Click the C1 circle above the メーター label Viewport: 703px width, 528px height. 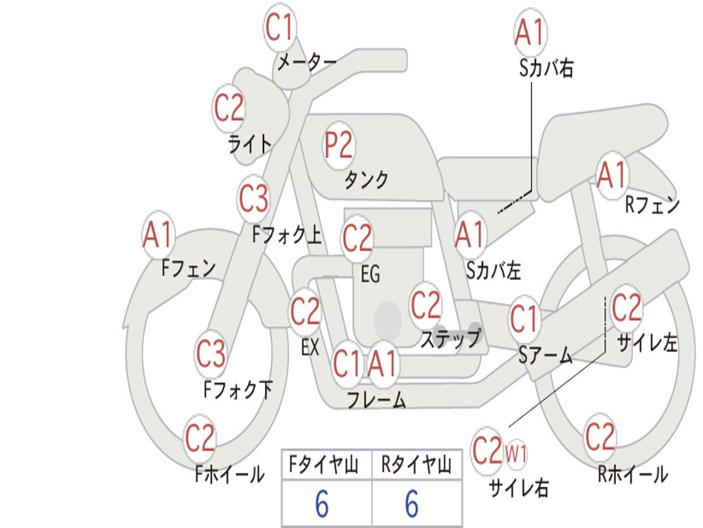[x=279, y=27]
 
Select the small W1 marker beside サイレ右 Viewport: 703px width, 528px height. [x=516, y=454]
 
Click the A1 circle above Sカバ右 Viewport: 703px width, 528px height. [x=531, y=32]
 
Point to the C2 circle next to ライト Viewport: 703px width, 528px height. [x=229, y=108]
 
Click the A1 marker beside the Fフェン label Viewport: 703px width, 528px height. [x=158, y=235]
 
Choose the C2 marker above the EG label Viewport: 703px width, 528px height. [x=357, y=238]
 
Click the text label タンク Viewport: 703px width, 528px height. [x=367, y=179]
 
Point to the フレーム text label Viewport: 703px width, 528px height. [x=376, y=399]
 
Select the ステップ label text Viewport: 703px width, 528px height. [x=451, y=338]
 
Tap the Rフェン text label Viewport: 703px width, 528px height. [x=652, y=205]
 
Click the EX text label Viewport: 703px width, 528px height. [x=310, y=347]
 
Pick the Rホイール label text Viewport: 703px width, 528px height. [x=633, y=474]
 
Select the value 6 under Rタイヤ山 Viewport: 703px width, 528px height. [x=412, y=503]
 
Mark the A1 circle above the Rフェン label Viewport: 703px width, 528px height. [x=612, y=175]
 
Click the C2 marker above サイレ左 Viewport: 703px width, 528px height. [x=626, y=308]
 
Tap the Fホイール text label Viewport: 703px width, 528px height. [x=229, y=474]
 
